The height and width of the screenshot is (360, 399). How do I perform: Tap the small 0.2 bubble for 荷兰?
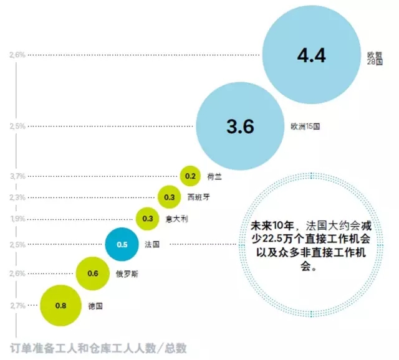coord(190,176)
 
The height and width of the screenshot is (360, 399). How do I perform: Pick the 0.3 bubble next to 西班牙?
coord(169,197)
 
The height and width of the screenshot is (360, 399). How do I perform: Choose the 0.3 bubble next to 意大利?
coord(148,219)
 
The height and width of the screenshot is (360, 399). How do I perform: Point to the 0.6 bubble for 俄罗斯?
coord(93,273)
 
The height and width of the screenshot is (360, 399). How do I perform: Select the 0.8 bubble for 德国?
coord(60,305)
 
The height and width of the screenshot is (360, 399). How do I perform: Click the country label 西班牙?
coord(197,197)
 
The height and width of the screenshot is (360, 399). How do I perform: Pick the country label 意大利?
coord(176,219)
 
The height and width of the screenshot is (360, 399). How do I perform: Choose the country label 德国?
coord(95,306)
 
